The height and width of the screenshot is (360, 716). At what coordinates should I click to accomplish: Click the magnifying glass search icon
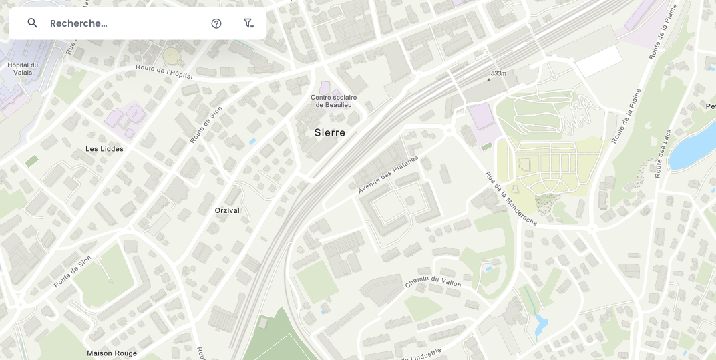pyautogui.click(x=33, y=23)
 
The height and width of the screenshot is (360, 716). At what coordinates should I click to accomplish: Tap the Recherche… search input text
pyautogui.click(x=79, y=23)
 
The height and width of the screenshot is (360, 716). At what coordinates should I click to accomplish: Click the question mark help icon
pyautogui.click(x=216, y=23)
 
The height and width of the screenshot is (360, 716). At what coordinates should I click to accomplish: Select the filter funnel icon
pyautogui.click(x=248, y=23)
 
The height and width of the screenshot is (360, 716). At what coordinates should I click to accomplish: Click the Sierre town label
pyautogui.click(x=330, y=132)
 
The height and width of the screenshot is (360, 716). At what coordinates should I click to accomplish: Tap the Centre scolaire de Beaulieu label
pyautogui.click(x=334, y=101)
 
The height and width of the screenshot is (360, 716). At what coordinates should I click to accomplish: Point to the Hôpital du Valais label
pyautogui.click(x=23, y=69)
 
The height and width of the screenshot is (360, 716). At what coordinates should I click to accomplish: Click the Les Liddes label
pyautogui.click(x=104, y=148)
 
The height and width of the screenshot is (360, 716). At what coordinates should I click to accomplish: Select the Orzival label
pyautogui.click(x=227, y=210)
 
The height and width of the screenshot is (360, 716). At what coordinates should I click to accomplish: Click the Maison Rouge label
pyautogui.click(x=112, y=353)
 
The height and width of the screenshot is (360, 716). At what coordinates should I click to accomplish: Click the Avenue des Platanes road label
pyautogui.click(x=387, y=174)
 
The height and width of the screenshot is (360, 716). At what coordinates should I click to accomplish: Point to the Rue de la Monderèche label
pyautogui.click(x=511, y=198)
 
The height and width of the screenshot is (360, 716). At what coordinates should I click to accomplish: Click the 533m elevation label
pyautogui.click(x=498, y=73)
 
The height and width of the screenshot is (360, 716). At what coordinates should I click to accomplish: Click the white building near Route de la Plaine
pyautogui.click(x=598, y=61)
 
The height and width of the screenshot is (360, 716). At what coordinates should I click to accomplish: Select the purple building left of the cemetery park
pyautogui.click(x=481, y=116)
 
